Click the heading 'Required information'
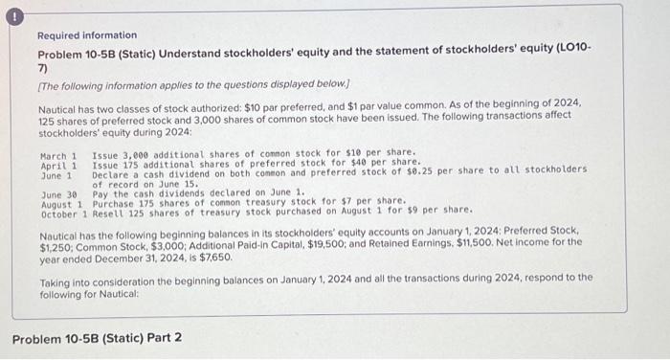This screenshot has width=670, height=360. (87, 35)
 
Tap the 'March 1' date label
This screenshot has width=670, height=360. (58, 154)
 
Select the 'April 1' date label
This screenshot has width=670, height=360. (58, 162)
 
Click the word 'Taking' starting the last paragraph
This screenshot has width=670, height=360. (56, 277)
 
